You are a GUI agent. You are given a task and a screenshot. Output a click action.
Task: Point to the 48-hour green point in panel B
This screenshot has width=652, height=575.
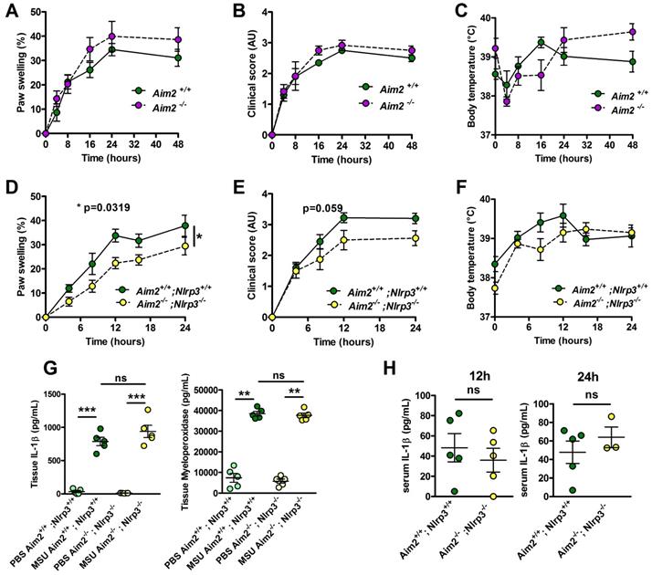tap(413, 57)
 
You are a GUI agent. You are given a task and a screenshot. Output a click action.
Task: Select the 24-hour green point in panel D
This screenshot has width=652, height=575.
tap(185, 225)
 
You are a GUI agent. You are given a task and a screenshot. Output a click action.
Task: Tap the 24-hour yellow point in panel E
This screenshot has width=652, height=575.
tap(415, 238)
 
